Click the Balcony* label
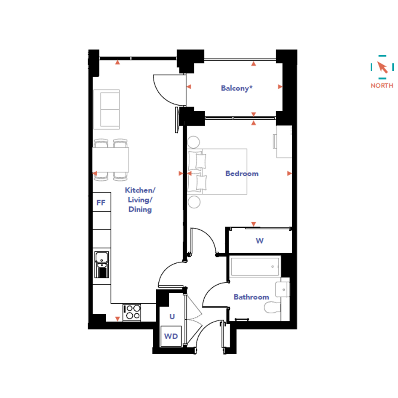tap(237, 88)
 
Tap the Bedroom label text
tap(242, 174)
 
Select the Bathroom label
tap(251, 297)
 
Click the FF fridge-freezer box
tap(102, 202)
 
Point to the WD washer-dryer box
tap(171, 336)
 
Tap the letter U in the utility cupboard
tap(172, 317)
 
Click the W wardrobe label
tap(259, 240)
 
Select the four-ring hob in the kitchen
tap(132, 312)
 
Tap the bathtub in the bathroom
tap(255, 267)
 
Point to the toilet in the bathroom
tap(272, 307)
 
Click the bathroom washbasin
tap(283, 289)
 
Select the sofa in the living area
tap(107, 110)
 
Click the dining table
tap(111, 160)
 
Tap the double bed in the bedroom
tap(217, 171)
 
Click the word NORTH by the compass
tap(382, 85)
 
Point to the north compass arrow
tap(382, 67)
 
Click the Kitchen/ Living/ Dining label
tap(140, 200)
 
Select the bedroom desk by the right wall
tap(284, 142)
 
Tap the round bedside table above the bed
tap(194, 142)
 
